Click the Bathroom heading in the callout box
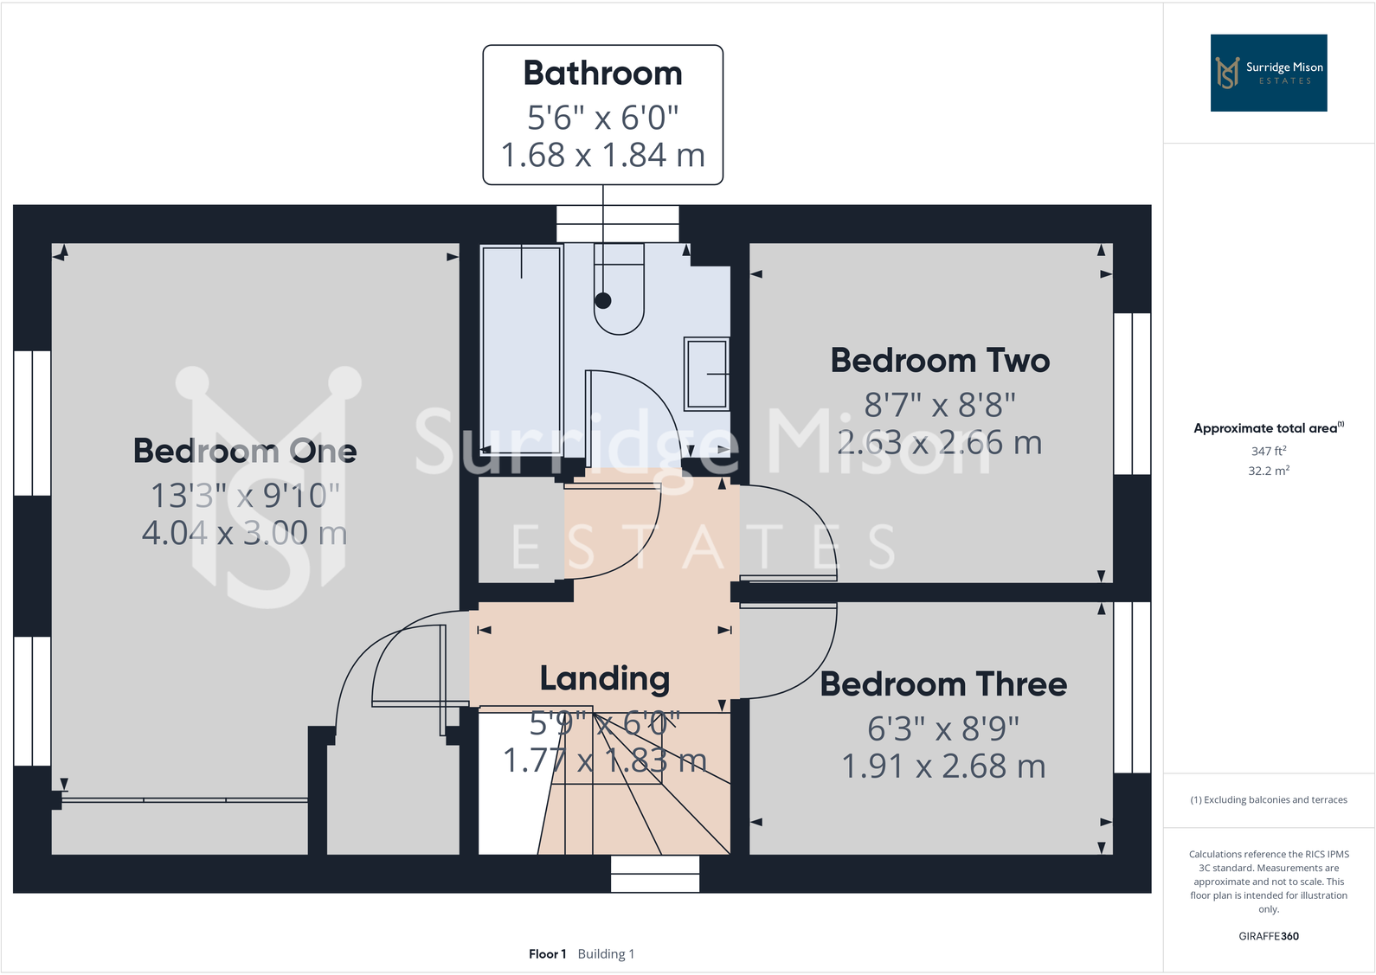(x=602, y=74)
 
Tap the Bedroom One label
(x=245, y=451)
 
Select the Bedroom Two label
(x=940, y=360)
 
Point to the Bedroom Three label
(x=943, y=684)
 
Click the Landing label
(x=604, y=679)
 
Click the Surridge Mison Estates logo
(x=1268, y=73)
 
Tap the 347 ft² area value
(x=1268, y=451)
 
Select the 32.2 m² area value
(x=1268, y=471)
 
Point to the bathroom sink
(x=707, y=373)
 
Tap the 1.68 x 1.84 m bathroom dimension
(x=602, y=156)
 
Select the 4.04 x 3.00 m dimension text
(x=245, y=533)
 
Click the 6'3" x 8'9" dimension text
(x=943, y=728)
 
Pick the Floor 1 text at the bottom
(x=547, y=953)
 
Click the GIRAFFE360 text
(x=1268, y=936)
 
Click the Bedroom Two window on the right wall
(x=1132, y=394)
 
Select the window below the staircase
(x=655, y=874)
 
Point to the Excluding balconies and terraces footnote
(x=1268, y=799)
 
